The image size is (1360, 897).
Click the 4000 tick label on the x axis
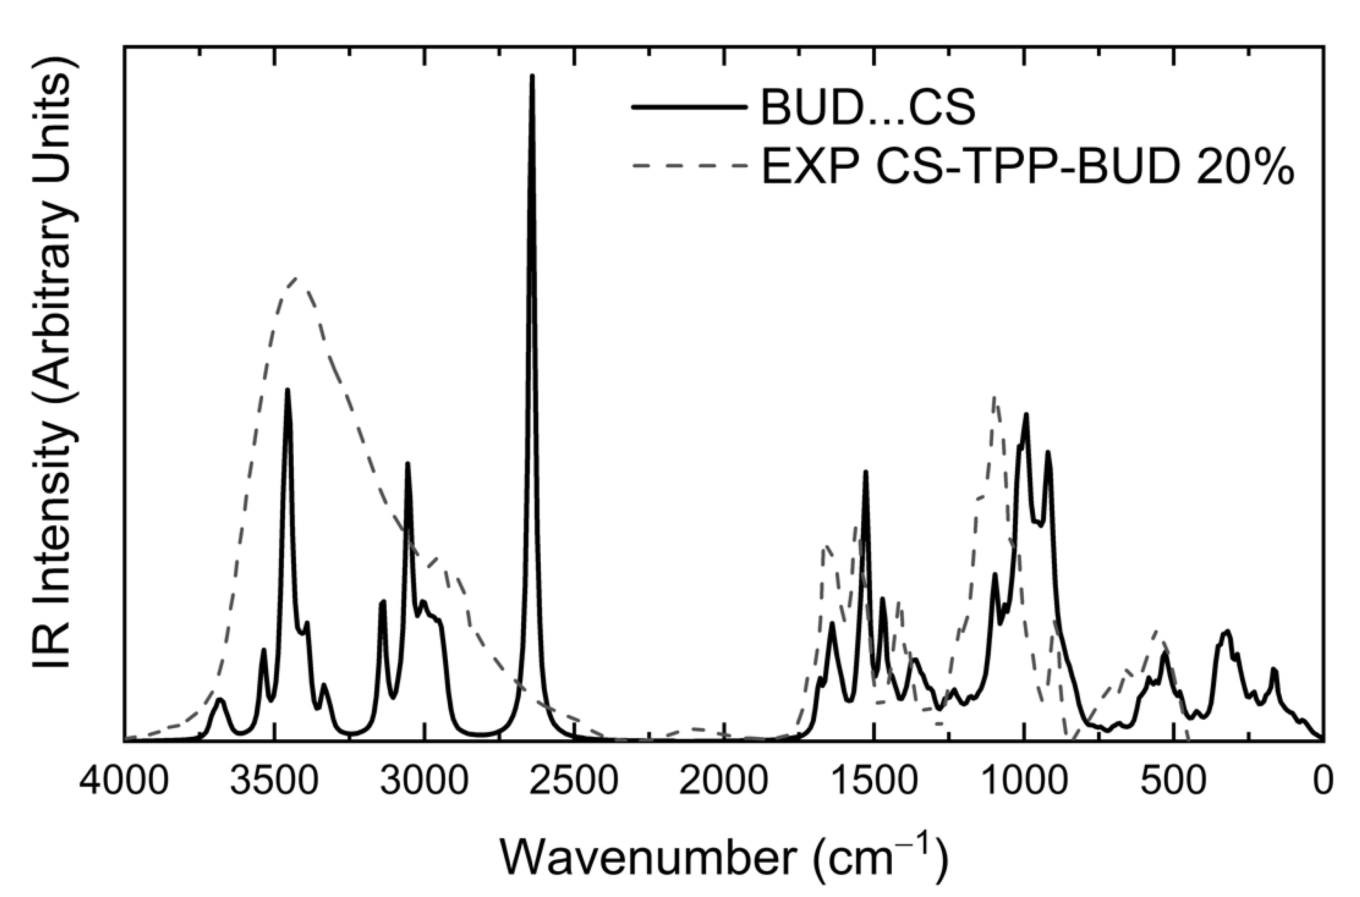tap(124, 782)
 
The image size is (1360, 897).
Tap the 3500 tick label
tap(274, 782)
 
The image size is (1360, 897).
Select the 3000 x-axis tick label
tap(424, 782)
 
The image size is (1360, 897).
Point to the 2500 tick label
tap(574, 782)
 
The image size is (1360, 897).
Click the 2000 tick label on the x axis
tap(723, 782)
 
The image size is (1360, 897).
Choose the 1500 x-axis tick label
tap(874, 782)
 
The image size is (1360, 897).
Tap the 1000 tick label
tap(1023, 782)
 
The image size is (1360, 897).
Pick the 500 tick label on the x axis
tap(1174, 782)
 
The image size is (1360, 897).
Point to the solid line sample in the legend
tap(689, 107)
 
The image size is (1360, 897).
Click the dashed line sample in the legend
tap(689, 166)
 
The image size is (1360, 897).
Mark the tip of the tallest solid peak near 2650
tap(532, 76)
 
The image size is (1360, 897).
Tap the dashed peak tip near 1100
tap(994, 397)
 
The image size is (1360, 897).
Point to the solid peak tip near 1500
tap(865, 472)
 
